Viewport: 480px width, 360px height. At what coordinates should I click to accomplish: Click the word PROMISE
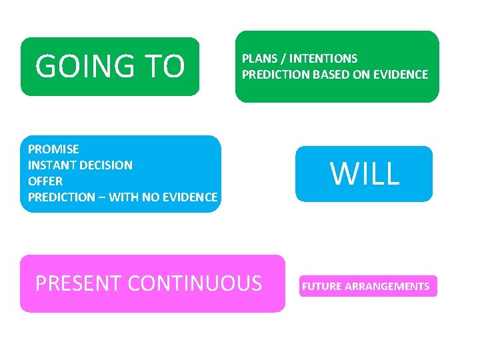pos(53,149)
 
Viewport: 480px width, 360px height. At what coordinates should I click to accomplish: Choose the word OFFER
pos(45,181)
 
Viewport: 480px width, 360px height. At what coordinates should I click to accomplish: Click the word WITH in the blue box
pos(123,197)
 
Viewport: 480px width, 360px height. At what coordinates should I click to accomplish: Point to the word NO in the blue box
pos(151,197)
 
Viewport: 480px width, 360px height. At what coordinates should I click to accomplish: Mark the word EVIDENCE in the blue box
pos(190,197)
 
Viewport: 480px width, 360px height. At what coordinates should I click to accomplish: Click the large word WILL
pos(365,174)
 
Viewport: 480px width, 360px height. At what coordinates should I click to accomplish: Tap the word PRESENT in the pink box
pos(78,283)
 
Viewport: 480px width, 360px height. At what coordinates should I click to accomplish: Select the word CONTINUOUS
pos(195,283)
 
